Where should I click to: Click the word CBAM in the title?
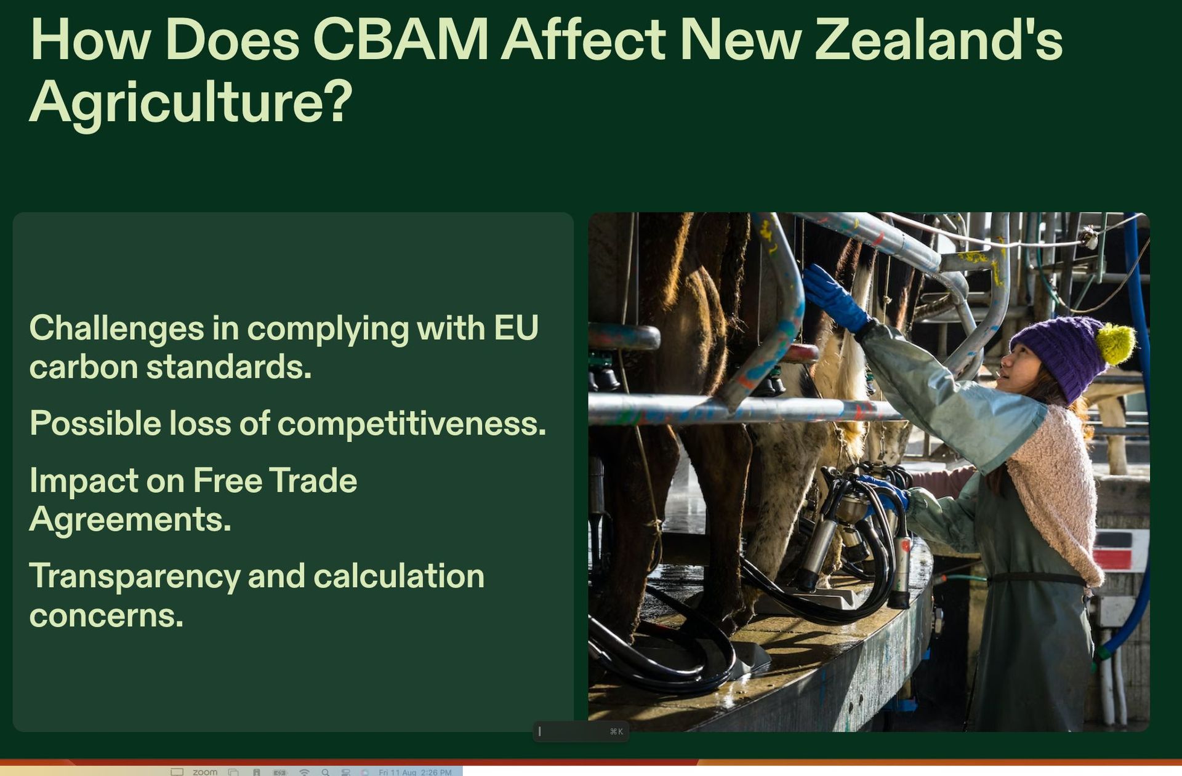[x=401, y=39]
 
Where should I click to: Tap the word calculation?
[x=399, y=576]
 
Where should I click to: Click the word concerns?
[x=107, y=615]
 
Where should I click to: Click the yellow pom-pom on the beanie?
[x=1116, y=343]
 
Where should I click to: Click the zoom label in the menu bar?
[x=205, y=772]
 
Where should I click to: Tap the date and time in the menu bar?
[x=415, y=772]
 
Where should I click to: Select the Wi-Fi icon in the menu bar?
[x=304, y=772]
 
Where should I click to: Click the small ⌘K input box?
[x=581, y=731]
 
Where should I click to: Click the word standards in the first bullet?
[x=229, y=367]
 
